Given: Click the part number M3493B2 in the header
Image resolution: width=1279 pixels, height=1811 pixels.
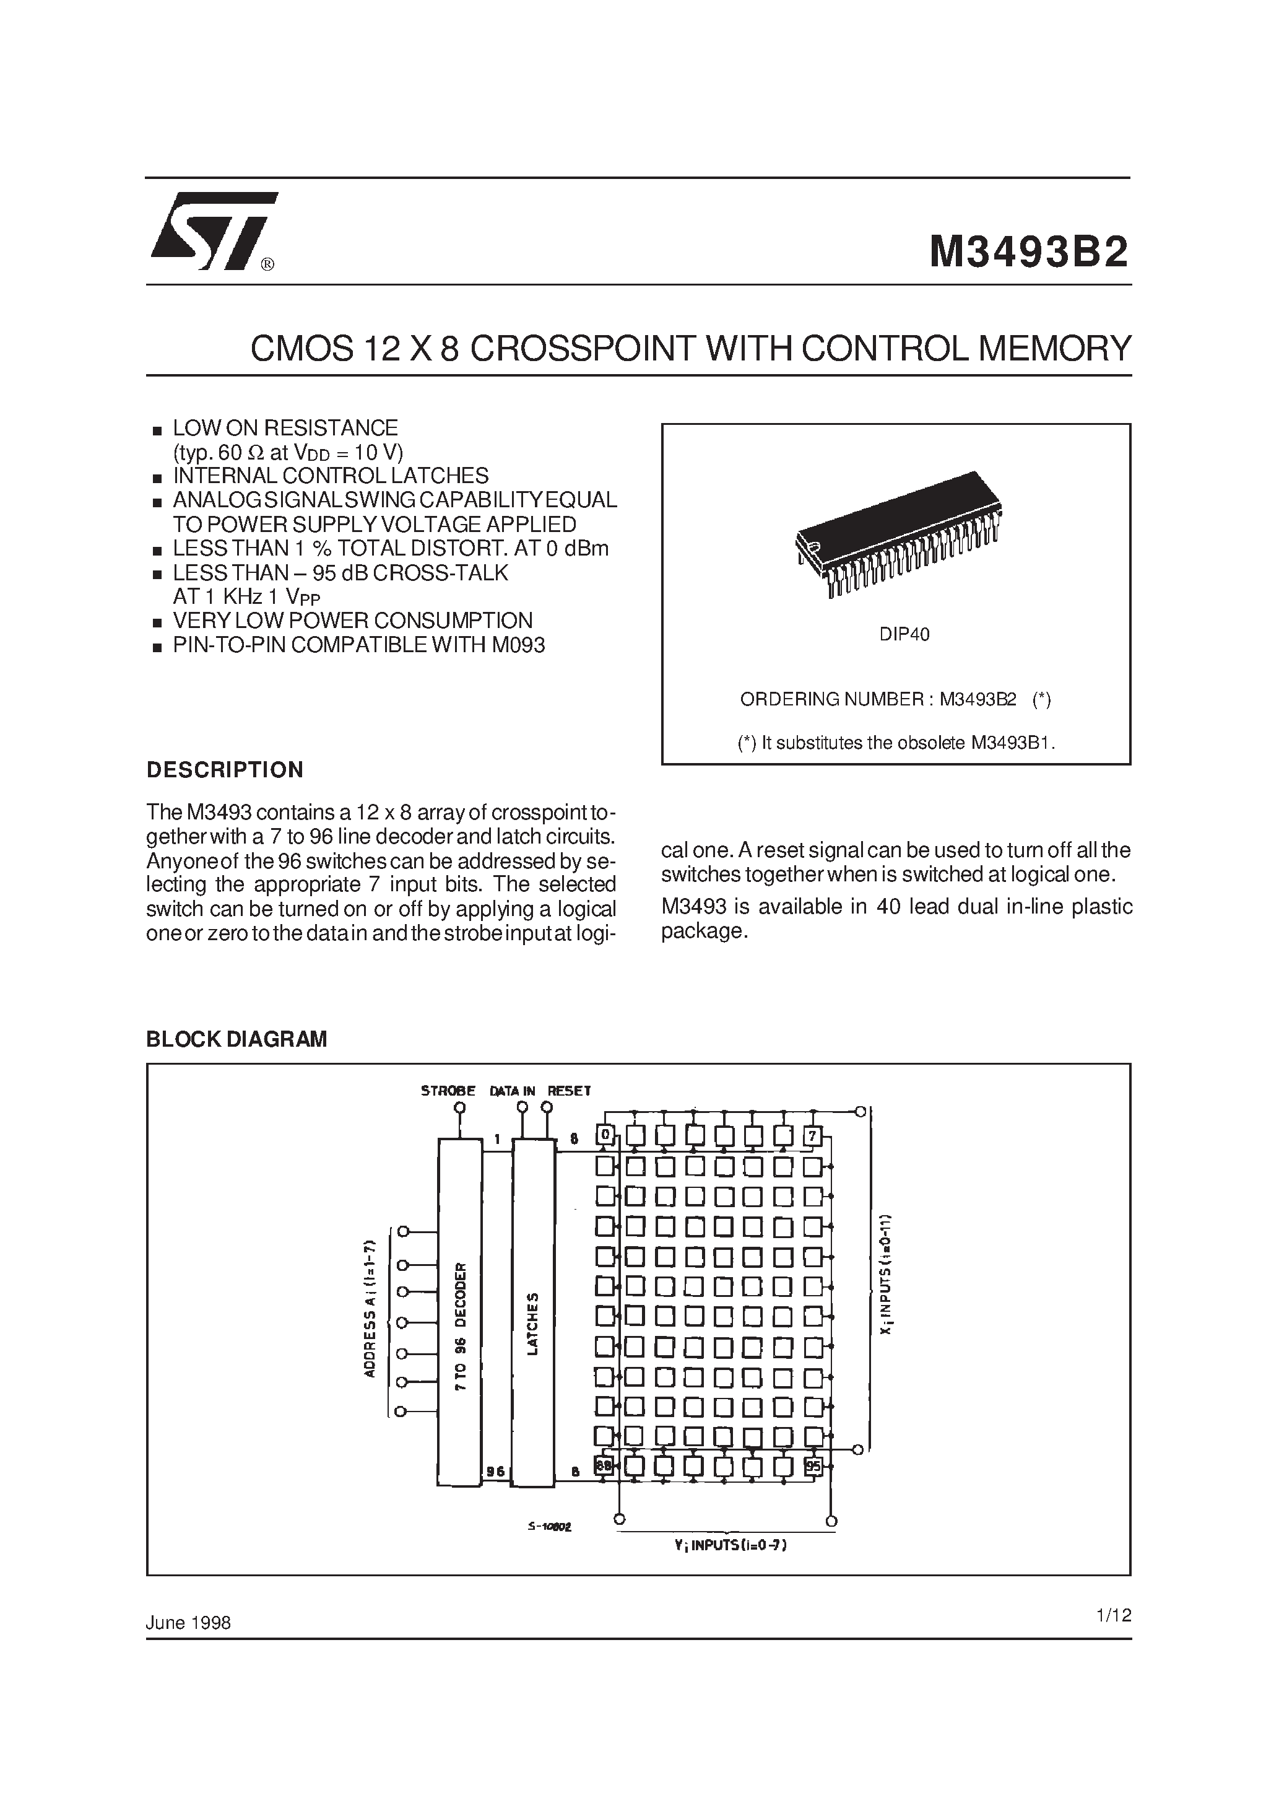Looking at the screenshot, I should (1028, 253).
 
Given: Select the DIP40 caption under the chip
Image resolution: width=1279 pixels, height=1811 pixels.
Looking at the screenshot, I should (904, 634).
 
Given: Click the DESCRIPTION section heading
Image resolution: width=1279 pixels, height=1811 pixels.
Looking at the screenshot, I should (225, 770).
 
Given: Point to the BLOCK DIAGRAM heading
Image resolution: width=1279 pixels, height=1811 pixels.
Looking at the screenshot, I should (236, 1039).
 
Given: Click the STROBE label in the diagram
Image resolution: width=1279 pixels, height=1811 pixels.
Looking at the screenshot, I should (448, 1091).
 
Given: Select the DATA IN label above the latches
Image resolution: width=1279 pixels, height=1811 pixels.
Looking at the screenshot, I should (512, 1091).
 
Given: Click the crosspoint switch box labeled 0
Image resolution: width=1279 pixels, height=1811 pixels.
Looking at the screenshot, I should (605, 1136).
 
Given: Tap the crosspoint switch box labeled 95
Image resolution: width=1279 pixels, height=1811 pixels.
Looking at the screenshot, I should (813, 1466).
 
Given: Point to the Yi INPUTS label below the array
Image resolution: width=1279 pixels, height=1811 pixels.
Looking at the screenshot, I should (730, 1545).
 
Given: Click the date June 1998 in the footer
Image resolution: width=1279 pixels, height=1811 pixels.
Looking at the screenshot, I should (188, 1623).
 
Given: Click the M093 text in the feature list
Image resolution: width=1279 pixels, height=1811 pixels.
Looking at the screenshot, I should (518, 645).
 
